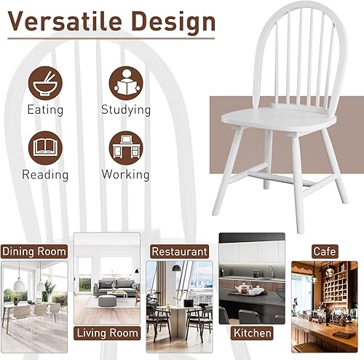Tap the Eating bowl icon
[x=44, y=83]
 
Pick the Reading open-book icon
[x=44, y=146]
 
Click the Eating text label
[x=44, y=111]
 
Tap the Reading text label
[x=44, y=175]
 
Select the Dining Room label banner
[x=34, y=251]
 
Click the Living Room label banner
[x=107, y=334]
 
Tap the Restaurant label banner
[x=178, y=251]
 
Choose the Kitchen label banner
[x=252, y=334]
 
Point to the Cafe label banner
[x=325, y=251]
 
